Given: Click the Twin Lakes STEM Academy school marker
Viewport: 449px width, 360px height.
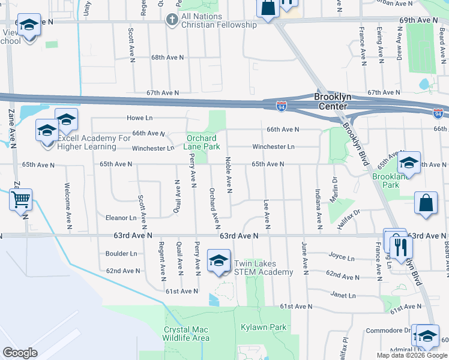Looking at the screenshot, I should click(218, 260).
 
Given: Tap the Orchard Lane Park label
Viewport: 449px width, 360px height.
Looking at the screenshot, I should click(201, 142).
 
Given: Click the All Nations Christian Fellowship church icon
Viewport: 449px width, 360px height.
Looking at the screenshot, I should click(172, 20).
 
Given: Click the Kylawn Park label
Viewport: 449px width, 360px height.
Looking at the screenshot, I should click(264, 328).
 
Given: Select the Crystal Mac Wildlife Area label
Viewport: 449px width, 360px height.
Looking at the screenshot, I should click(186, 334).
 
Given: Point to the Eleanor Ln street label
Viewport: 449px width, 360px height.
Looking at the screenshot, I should click(121, 218).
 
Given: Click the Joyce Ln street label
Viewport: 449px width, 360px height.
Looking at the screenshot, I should click(342, 256).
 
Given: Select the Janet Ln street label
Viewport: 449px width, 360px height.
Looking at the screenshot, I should click(343, 295).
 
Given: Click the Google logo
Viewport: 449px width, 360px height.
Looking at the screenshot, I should click(20, 352).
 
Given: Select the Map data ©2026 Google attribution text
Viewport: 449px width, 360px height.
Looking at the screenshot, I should click(411, 355).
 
